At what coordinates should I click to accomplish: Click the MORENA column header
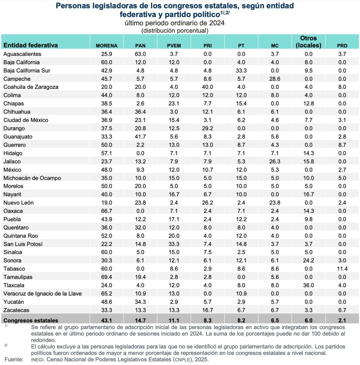tap(106, 46)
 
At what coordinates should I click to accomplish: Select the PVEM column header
tap(174, 46)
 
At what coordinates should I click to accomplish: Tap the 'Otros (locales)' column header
tap(309, 42)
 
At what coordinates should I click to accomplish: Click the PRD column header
tap(342, 46)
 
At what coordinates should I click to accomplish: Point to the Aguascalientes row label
tap(22, 54)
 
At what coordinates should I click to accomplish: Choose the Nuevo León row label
tap(19, 203)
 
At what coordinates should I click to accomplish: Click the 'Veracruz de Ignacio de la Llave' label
tap(42, 294)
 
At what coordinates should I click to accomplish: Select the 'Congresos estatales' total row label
tap(31, 320)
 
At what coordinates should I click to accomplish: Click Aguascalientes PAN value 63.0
tap(140, 54)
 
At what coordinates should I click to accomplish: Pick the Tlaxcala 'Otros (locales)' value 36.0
tap(309, 286)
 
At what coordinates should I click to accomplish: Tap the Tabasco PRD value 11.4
tap(342, 269)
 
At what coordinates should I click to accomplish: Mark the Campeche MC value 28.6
tap(275, 79)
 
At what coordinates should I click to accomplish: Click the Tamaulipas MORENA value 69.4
tap(106, 277)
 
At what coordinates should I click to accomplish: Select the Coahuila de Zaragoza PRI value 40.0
tap(207, 87)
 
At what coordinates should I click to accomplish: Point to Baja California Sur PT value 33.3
tap(241, 71)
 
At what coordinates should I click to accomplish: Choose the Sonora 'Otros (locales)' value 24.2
tap(309, 261)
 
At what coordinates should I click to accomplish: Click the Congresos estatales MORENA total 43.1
tap(106, 320)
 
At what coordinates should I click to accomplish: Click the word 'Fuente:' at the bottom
tap(14, 359)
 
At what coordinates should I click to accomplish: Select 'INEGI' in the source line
tap(38, 360)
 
